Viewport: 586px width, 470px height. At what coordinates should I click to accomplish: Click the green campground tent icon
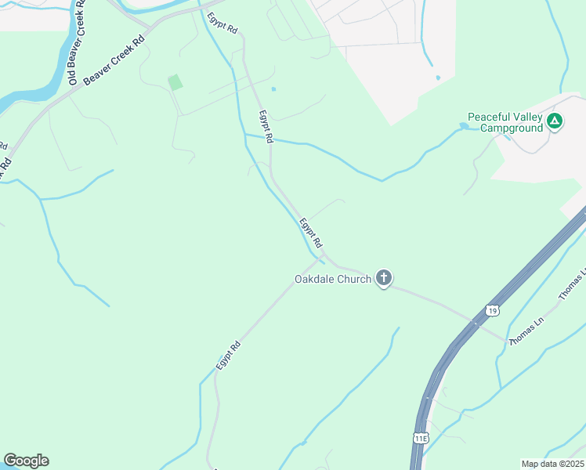tap(555, 121)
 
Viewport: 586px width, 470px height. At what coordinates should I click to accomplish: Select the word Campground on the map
tap(512, 127)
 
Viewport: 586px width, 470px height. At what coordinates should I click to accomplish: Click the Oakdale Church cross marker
tap(384, 278)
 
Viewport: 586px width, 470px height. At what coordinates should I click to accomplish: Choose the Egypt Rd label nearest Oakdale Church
tap(311, 233)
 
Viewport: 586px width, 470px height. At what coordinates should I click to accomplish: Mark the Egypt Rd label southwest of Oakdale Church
tap(228, 356)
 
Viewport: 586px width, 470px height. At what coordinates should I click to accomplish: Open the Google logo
tap(26, 461)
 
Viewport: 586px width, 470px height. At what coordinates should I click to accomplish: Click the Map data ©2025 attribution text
tap(552, 463)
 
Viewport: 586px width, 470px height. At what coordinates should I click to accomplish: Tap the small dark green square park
tap(175, 81)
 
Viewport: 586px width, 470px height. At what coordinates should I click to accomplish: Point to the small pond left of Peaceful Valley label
tap(465, 125)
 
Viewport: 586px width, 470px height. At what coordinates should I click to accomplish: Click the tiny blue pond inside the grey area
tap(437, 78)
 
